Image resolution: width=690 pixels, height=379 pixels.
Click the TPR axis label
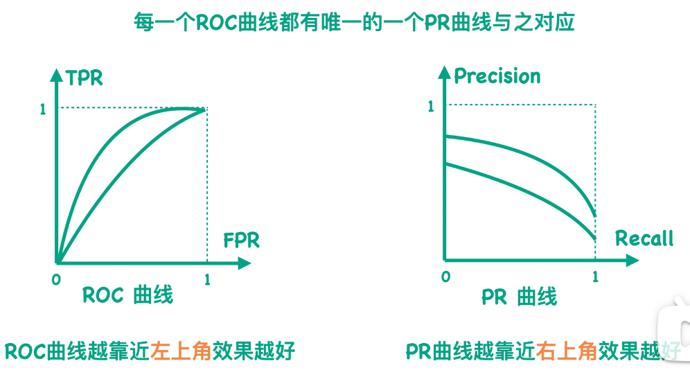[x=85, y=78]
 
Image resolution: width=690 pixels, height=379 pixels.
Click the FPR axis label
[x=241, y=241]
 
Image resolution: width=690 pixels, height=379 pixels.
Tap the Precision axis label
[x=497, y=76]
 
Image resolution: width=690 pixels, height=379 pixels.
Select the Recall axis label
[x=644, y=239]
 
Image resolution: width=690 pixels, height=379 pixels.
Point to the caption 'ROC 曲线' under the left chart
[x=127, y=295]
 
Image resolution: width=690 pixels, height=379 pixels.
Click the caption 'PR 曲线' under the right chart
[x=519, y=297]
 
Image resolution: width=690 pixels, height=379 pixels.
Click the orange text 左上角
[x=179, y=351]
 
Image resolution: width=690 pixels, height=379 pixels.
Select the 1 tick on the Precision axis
[x=431, y=107]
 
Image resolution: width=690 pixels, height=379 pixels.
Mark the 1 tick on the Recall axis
[x=595, y=277]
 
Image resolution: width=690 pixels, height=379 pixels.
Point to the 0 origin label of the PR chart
[x=445, y=276]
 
